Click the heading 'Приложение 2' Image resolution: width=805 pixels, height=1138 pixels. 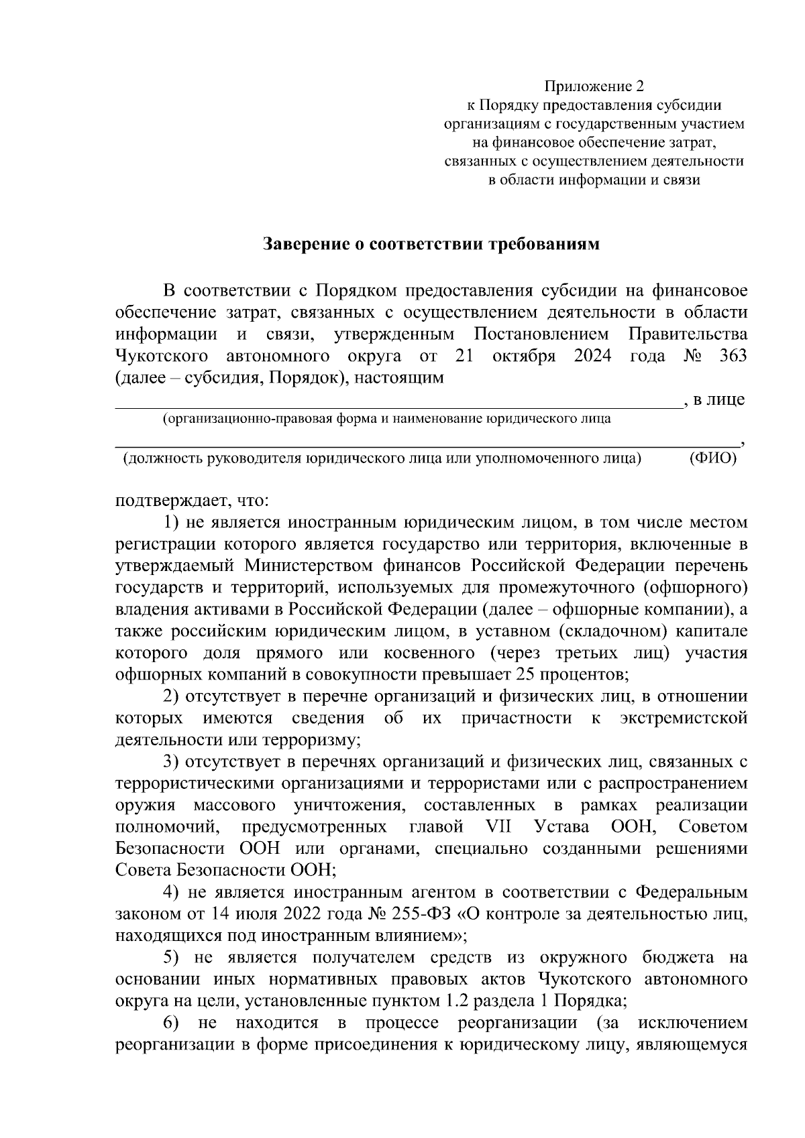pyautogui.click(x=594, y=86)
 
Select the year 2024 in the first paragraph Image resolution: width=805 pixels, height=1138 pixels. pyautogui.click(x=592, y=356)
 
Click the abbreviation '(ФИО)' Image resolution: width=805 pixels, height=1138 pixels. pyautogui.click(x=712, y=458)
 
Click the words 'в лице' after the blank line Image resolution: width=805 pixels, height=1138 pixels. pyautogui.click(x=718, y=400)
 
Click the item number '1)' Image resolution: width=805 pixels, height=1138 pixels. pyautogui.click(x=171, y=522)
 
